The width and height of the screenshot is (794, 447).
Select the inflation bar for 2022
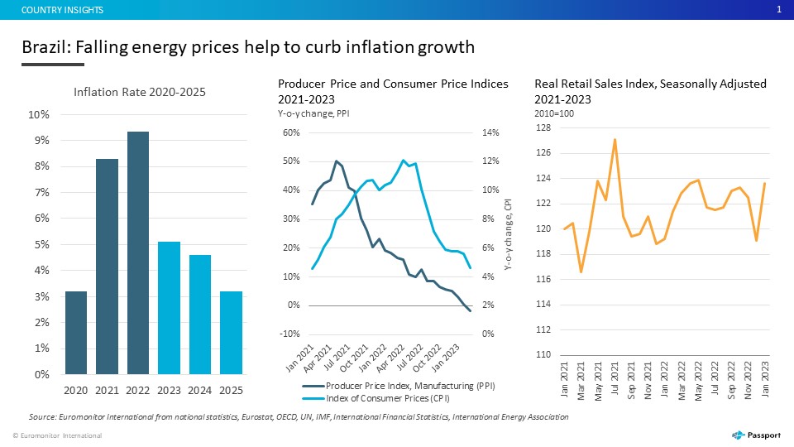tap(138, 253)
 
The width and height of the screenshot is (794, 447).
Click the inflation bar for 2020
tap(76, 333)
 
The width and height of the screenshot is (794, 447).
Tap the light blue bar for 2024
tap(200, 315)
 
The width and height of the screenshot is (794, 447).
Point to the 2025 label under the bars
tap(231, 390)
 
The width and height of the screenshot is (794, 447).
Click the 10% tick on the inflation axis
tap(39, 114)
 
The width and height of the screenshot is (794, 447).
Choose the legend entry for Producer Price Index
tap(399, 386)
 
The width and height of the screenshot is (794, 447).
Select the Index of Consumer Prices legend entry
tap(376, 398)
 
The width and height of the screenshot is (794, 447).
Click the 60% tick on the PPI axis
tap(291, 132)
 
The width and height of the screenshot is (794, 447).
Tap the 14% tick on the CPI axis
tap(490, 132)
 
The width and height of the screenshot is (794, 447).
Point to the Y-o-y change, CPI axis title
tap(509, 234)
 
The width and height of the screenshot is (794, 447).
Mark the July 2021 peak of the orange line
tap(615, 139)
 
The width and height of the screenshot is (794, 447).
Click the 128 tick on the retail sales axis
tap(543, 127)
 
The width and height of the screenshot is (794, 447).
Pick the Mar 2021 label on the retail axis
tap(581, 381)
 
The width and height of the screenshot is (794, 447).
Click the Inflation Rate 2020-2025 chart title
tap(140, 92)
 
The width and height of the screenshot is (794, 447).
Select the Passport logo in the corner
tap(757, 435)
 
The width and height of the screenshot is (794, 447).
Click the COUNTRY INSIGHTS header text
tap(62, 10)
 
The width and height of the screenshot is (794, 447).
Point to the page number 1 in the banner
tap(779, 10)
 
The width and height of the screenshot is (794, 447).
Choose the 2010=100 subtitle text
tap(554, 113)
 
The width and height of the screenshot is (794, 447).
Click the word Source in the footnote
tap(42, 416)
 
